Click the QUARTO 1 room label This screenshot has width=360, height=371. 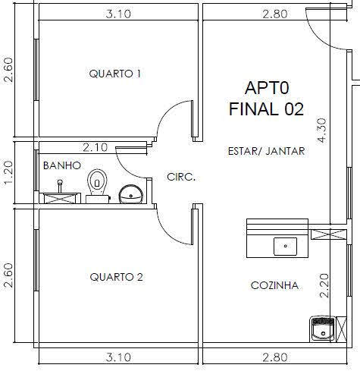pyautogui.click(x=115, y=74)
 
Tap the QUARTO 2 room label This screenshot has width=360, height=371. pyautogui.click(x=117, y=277)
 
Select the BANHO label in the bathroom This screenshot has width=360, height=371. pyautogui.click(x=62, y=165)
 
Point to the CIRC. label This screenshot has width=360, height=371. pyautogui.click(x=181, y=177)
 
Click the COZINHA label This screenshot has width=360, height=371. pyautogui.click(x=275, y=285)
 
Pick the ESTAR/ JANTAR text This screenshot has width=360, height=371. pyautogui.click(x=267, y=151)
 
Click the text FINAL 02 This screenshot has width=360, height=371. pyautogui.click(x=266, y=109)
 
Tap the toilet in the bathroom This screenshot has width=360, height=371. pyautogui.click(x=97, y=186)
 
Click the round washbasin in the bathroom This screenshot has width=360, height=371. pyautogui.click(x=131, y=194)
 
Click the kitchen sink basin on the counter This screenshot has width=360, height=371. pyautogui.click(x=285, y=246)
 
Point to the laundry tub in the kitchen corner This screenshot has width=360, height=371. pyautogui.click(x=323, y=329)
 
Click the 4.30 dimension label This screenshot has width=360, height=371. pyautogui.click(x=322, y=130)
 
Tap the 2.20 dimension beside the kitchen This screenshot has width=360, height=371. pyautogui.click(x=324, y=286)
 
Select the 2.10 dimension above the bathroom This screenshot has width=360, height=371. pyautogui.click(x=95, y=147)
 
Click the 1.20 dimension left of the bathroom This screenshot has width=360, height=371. pyautogui.click(x=8, y=173)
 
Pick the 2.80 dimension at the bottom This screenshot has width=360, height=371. pyautogui.click(x=275, y=357)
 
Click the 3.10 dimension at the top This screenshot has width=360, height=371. pyautogui.click(x=118, y=14)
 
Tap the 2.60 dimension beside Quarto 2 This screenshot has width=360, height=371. pyautogui.click(x=8, y=275)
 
